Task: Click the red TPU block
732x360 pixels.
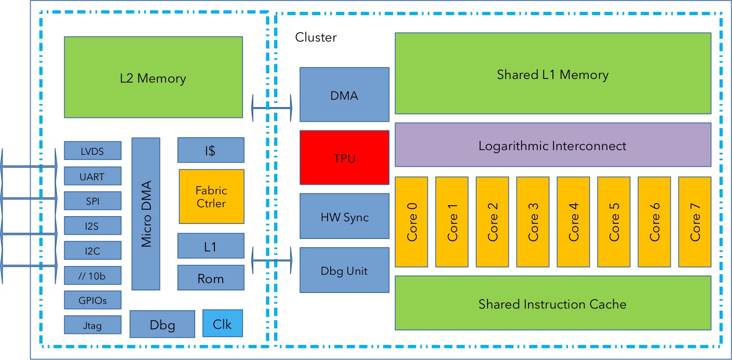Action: (x=344, y=157)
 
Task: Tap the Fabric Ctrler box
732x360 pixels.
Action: (x=211, y=196)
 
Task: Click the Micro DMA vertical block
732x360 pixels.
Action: (x=146, y=214)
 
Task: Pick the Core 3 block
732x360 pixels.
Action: (x=533, y=221)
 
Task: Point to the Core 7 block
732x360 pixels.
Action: (x=695, y=221)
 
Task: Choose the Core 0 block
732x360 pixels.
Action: (x=412, y=221)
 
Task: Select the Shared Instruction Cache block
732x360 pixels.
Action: (x=552, y=303)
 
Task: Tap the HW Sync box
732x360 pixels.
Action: (x=344, y=216)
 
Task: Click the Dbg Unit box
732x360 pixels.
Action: (x=344, y=270)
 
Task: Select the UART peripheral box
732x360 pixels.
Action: (x=92, y=176)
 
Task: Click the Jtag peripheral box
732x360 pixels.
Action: (x=92, y=325)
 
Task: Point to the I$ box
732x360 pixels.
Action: (x=211, y=150)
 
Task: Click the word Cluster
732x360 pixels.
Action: (x=316, y=37)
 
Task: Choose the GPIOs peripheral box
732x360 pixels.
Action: (x=92, y=300)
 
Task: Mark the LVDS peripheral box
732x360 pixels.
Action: (x=92, y=151)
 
